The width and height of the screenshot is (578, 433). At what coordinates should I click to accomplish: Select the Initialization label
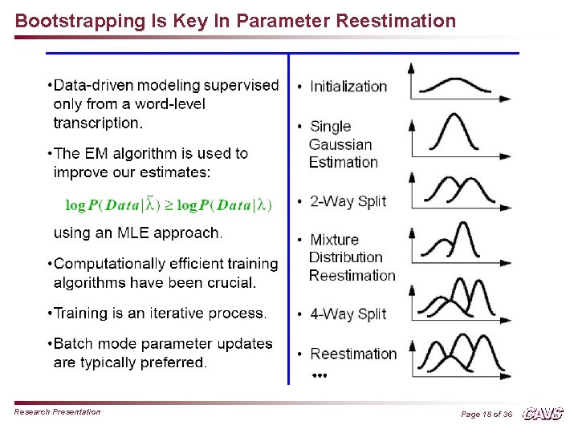[348, 87]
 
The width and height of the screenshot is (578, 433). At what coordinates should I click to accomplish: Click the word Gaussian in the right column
[340, 144]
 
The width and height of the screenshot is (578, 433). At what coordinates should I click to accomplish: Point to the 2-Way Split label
[348, 201]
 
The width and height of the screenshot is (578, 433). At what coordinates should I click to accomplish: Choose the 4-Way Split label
[348, 314]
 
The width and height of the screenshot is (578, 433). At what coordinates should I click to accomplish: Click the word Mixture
[334, 240]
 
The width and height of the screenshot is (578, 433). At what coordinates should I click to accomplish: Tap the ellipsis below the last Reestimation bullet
[319, 374]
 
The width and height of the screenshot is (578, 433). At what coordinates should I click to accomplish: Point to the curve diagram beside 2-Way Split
[458, 191]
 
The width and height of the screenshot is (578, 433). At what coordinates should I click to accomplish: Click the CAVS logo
[543, 414]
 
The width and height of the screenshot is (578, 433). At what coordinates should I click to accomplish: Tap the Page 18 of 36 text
[486, 414]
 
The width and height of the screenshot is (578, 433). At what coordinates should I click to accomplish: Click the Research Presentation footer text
[57, 412]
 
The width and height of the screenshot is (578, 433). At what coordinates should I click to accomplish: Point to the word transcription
[96, 123]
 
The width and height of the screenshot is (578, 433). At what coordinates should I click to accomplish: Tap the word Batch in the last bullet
[72, 344]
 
